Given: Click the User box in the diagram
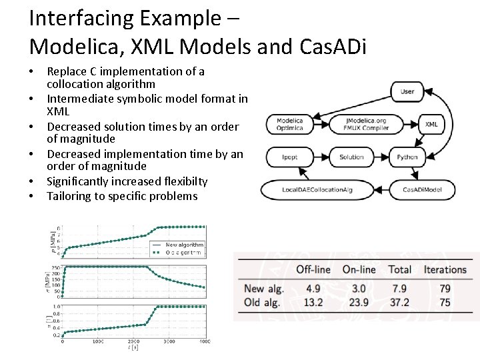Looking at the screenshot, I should [x=407, y=91].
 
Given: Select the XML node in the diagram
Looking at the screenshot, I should [x=431, y=124].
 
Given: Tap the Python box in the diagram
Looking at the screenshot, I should [x=407, y=157].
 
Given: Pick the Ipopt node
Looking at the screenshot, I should [x=289, y=157].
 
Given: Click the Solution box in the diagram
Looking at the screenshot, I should [x=351, y=157].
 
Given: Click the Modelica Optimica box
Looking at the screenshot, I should [x=290, y=124].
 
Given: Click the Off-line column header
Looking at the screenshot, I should [x=313, y=270].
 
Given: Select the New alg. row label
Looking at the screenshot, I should [x=264, y=289].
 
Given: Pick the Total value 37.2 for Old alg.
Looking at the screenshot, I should [x=400, y=303].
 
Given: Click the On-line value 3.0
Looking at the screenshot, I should [x=359, y=289].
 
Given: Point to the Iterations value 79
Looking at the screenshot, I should [x=445, y=289].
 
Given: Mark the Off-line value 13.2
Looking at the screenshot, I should [x=313, y=303].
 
